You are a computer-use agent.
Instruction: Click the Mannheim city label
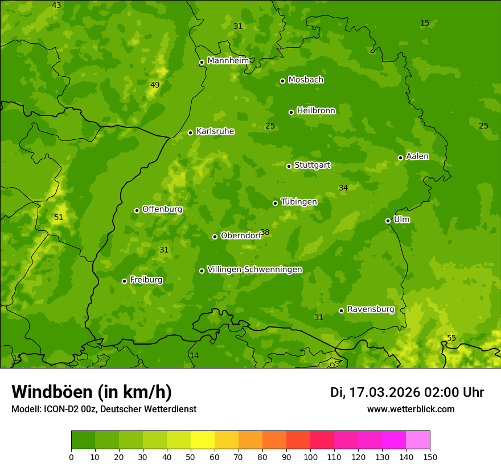[228, 61]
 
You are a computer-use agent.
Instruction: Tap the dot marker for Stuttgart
[289, 166]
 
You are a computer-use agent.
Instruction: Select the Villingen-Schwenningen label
[254, 270]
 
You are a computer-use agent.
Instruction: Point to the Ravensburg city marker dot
[341, 310]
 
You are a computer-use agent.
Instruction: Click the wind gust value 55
[451, 338]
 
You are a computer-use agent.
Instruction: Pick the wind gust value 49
[155, 85]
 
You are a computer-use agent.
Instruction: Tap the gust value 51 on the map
[59, 218]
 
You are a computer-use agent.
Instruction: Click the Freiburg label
[146, 280]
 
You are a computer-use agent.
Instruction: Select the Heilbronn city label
[316, 111]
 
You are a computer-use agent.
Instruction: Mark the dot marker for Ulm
[388, 221]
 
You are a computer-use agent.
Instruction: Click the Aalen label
[417, 156]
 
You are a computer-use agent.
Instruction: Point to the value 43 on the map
[56, 6]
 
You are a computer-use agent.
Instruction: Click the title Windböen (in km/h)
[92, 392]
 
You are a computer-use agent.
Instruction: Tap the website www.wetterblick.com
[410, 409]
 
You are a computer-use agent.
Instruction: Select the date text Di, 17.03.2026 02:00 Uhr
[407, 392]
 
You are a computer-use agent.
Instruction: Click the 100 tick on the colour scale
[310, 457]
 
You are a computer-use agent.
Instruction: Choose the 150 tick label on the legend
[430, 457]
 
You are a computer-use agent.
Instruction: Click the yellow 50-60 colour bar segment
[203, 440]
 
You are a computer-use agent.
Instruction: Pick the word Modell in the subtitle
[26, 409]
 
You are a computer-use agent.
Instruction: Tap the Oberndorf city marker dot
[215, 237]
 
